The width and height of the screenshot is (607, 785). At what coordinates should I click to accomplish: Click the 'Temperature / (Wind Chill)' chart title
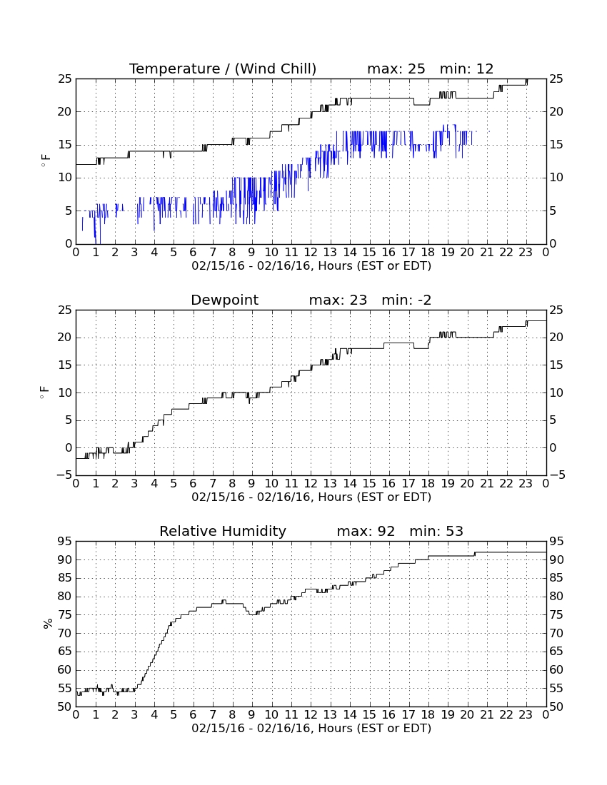click(x=223, y=69)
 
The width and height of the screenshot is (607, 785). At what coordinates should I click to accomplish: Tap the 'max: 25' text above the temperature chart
click(x=396, y=69)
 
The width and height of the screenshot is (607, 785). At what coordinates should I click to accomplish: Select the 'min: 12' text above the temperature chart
click(x=467, y=69)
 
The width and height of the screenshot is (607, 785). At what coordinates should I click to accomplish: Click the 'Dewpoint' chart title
click(x=225, y=300)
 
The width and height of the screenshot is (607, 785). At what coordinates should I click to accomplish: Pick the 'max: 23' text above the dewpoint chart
click(x=338, y=300)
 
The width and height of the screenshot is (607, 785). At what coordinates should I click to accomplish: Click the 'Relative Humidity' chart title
click(x=223, y=531)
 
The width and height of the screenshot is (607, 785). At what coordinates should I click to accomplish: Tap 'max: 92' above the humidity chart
click(x=366, y=531)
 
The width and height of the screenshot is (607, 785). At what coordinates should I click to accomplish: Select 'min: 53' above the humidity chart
click(x=436, y=531)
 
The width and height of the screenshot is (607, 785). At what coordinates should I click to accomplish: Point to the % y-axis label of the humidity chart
click(x=48, y=623)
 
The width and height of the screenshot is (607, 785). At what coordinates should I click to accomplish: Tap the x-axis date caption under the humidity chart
click(x=311, y=728)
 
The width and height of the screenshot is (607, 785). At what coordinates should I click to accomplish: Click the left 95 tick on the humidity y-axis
click(x=65, y=541)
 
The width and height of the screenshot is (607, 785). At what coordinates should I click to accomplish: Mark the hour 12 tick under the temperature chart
click(x=311, y=253)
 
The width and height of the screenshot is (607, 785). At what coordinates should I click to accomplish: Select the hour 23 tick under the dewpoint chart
click(x=526, y=484)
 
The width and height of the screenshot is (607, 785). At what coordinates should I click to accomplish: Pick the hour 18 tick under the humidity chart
click(x=428, y=715)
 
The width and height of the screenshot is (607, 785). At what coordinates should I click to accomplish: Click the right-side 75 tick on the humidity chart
click(x=556, y=614)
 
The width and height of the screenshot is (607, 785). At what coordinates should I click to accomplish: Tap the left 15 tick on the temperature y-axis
click(x=65, y=145)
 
